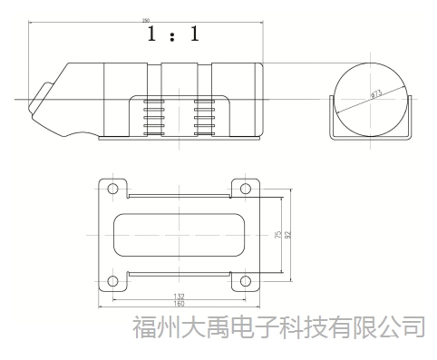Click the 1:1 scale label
click(173, 35)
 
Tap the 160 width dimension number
click(179, 303)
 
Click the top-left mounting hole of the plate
click(112, 190)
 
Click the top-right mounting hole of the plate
click(244, 190)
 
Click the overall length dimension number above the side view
click(146, 20)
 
